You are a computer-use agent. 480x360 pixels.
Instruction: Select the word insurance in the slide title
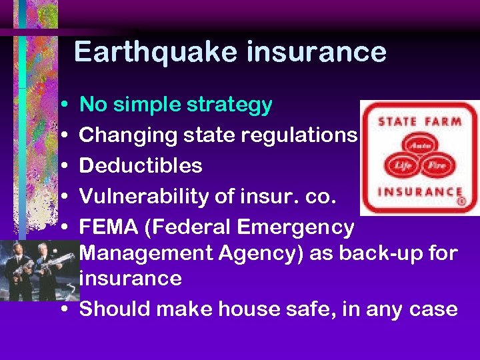316,52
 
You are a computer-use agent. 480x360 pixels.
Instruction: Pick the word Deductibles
141,165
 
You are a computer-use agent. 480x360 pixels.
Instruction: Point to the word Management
152,254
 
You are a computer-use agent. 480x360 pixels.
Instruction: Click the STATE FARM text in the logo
419,122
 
